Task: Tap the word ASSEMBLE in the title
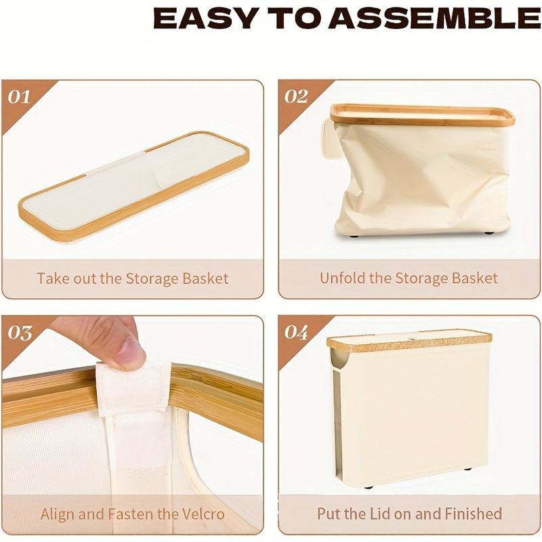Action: pyautogui.click(x=435, y=18)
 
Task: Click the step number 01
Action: pyautogui.click(x=19, y=97)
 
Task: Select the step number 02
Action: pyautogui.click(x=296, y=97)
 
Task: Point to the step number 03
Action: pyautogui.click(x=20, y=333)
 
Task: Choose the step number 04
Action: pyautogui.click(x=296, y=333)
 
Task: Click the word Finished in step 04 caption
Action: pyautogui.click(x=473, y=514)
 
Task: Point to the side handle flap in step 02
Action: pyautogui.click(x=329, y=138)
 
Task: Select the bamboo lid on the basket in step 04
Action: pyautogui.click(x=409, y=340)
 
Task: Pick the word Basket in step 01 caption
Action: pyautogui.click(x=205, y=278)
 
